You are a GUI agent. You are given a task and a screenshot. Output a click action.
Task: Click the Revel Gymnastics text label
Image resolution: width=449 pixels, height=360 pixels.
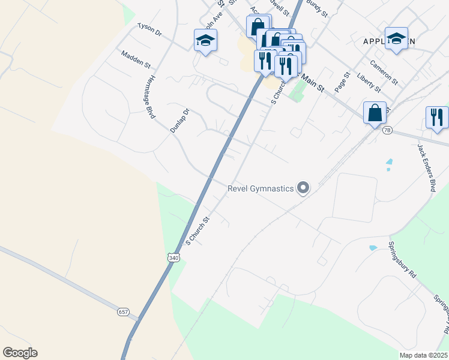(x=261, y=188)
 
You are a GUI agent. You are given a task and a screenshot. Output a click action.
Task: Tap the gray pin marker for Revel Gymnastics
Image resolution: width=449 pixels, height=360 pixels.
(x=303, y=188)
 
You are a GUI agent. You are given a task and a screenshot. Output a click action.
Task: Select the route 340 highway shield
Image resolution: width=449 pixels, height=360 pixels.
(x=173, y=257)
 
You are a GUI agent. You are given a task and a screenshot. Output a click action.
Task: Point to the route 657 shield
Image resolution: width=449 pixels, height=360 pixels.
(x=123, y=312)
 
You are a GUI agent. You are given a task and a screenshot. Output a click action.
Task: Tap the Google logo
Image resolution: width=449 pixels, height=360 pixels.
(x=20, y=353)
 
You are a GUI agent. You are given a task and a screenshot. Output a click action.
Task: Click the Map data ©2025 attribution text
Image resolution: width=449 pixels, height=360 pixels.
(x=423, y=355)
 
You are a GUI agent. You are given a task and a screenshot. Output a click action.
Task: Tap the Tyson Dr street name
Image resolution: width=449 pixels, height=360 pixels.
(x=150, y=30)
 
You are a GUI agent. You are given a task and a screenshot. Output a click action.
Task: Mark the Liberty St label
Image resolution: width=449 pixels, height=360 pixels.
(x=369, y=82)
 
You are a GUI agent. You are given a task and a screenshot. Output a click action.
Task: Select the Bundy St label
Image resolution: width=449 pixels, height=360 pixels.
(x=317, y=8)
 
